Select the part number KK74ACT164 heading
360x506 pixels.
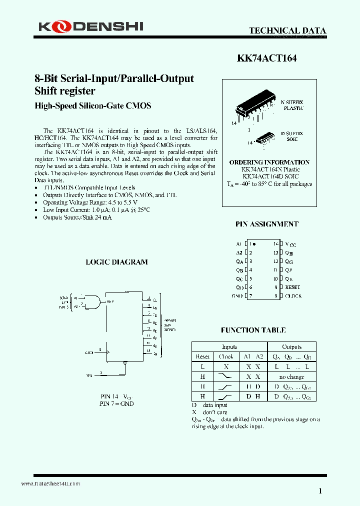[266, 58]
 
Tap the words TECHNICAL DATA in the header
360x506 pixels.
[287, 31]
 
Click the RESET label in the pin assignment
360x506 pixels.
[292, 287]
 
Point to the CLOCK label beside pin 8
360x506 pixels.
[293, 296]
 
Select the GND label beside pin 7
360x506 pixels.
[237, 296]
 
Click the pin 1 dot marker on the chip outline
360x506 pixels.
[254, 244]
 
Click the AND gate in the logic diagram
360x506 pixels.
[93, 301]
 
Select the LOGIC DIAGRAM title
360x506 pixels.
[116, 262]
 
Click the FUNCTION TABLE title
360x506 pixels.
[253, 330]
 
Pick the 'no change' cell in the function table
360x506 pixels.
[291, 376]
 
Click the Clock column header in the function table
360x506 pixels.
[226, 357]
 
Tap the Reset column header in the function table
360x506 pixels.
[202, 357]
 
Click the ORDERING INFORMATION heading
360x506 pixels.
[269, 162]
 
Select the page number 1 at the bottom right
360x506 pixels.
[320, 491]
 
